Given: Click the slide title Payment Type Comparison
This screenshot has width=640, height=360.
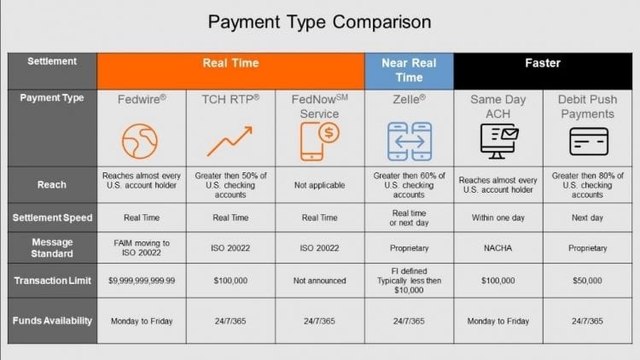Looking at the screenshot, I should tap(320, 20).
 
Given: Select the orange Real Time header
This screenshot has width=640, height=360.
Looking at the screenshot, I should tap(230, 63).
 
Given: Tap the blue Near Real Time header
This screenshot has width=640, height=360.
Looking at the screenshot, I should tap(408, 70).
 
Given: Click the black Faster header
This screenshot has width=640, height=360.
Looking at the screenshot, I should tap(543, 63).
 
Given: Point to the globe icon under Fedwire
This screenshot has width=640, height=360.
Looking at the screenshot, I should tap(141, 140).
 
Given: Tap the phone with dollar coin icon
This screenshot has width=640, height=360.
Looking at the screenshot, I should tap(319, 140).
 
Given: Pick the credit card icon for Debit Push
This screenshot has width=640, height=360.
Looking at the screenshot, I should tap(588, 140).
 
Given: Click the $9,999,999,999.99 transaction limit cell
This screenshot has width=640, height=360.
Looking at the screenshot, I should tap(142, 281).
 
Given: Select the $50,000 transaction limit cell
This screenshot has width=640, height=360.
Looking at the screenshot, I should tap(589, 281).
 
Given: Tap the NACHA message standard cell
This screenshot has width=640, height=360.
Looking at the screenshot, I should tap(498, 248).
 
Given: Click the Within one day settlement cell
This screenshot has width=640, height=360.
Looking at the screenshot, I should tap(498, 218).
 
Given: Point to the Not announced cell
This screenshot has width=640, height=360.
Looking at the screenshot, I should tap(319, 281).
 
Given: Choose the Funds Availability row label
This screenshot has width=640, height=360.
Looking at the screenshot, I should tap(53, 321).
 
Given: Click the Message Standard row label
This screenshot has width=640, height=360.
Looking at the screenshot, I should tap(53, 248).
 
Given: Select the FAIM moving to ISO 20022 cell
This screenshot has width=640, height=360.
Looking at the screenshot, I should tap(142, 248).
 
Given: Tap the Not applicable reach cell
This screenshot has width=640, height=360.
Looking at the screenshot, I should tap(319, 185).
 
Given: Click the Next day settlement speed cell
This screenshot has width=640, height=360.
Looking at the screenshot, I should tap(589, 218).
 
